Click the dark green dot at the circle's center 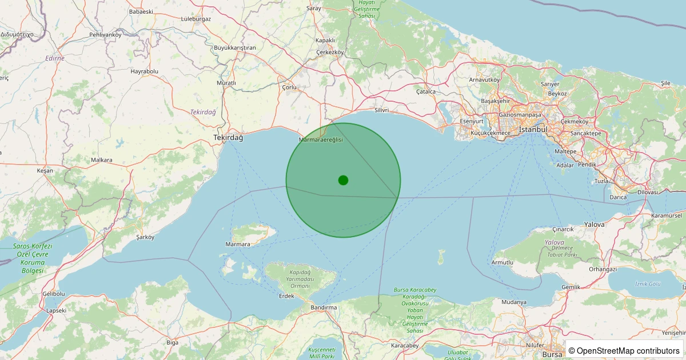pos(343,180)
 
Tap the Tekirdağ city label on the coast pos(228,138)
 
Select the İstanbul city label pos(533,130)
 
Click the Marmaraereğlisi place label pos(321,139)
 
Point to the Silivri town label pos(381,110)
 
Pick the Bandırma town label pos(323,307)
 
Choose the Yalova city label pos(594,225)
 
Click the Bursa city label pos(552,354)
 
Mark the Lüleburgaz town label pos(196,18)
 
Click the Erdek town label pos(286,296)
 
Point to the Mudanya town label pos(513,302)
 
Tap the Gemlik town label pos(571,287)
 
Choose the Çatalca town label pos(426,91)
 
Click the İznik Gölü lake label pos(648,283)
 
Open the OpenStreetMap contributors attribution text pos(625,350)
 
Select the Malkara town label pos(102,160)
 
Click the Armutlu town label pos(502,262)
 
